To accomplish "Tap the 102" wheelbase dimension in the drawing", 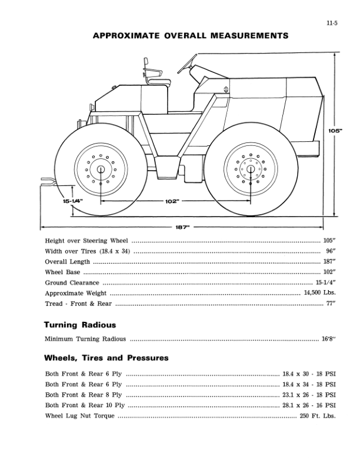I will [171, 201].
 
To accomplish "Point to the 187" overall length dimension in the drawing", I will [182, 227].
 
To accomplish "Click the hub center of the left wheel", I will [101, 169].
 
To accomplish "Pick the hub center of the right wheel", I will [251, 169].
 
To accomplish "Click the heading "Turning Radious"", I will [80, 325].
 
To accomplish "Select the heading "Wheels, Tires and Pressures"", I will [106, 358].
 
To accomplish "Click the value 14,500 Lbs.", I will [319, 293].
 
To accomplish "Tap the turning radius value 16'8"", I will [328, 339].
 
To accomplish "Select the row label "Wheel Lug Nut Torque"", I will [79, 416].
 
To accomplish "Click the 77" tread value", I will [330, 304].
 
